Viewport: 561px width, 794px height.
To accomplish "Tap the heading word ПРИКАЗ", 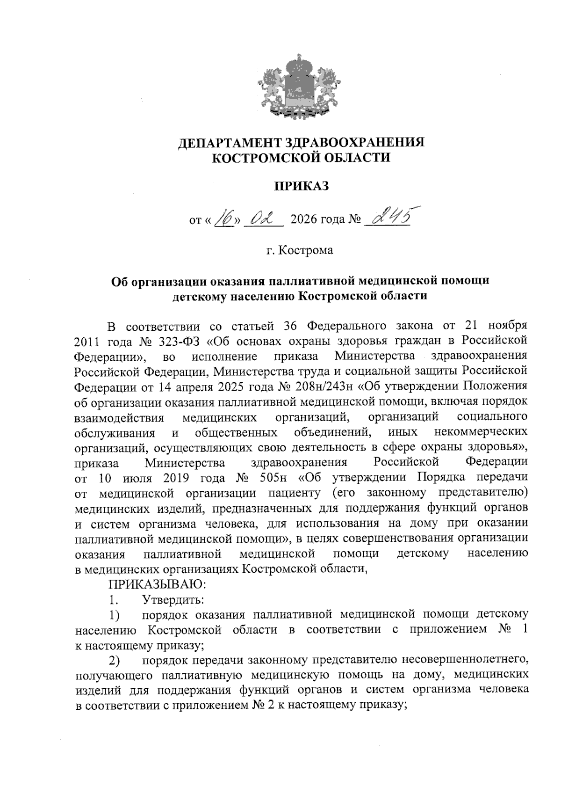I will click(301, 186).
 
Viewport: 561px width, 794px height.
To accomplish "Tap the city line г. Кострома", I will click(300, 250).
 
